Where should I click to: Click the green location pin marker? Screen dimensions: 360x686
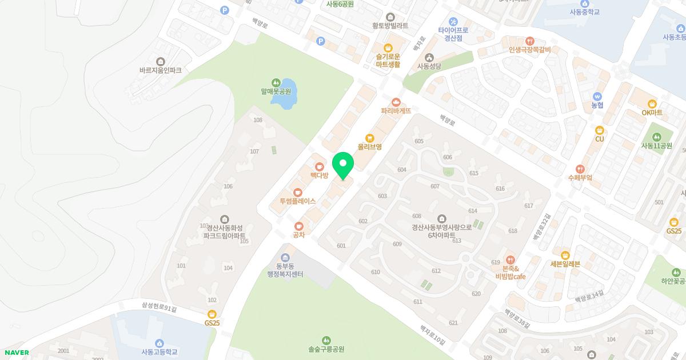343,166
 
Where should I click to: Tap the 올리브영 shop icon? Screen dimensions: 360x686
369,138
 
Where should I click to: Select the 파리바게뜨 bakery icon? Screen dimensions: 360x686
396,102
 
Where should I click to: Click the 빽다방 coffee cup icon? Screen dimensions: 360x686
319,166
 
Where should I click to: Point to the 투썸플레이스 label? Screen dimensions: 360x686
297,201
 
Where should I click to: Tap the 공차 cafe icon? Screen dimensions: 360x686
298,226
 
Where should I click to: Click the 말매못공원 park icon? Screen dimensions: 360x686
276,82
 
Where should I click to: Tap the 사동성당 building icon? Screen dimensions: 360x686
430,57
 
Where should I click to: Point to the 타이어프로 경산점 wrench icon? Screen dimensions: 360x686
453,21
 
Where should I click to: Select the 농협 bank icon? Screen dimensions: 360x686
597,97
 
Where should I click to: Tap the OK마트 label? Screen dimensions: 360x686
652,113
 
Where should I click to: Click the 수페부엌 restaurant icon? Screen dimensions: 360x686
580,169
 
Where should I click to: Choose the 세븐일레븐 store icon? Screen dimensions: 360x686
565,255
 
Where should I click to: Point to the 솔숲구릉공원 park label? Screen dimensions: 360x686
326,349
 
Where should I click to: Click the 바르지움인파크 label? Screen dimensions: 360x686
160,70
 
